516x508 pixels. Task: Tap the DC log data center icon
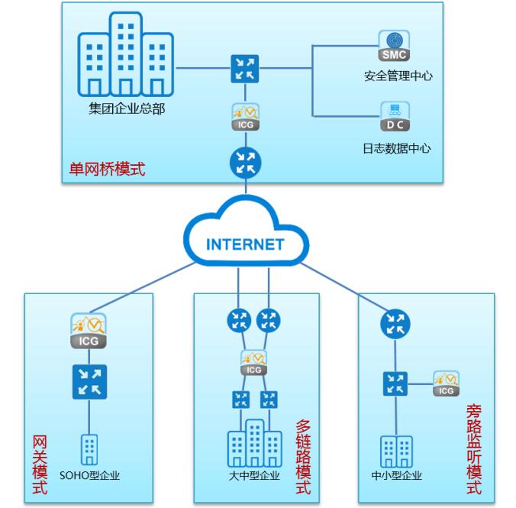pos(395,117)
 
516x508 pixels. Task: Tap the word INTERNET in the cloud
pos(245,245)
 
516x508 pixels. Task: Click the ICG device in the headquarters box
pos(245,117)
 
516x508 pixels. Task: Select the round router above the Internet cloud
pos(245,162)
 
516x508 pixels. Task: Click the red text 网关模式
pos(40,465)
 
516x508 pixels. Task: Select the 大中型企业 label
pos(253,476)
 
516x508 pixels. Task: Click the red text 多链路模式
pos(303,455)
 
